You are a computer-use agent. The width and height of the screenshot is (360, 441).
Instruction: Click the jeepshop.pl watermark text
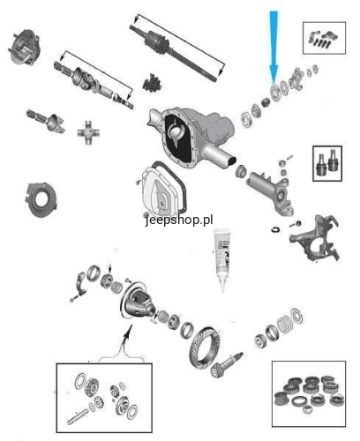click(x=179, y=220)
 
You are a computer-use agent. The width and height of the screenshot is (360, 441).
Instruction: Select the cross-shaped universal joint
click(x=88, y=132)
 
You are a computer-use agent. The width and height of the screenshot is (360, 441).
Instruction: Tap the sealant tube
click(x=222, y=258)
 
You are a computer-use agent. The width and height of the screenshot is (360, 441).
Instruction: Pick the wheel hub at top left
click(x=24, y=47)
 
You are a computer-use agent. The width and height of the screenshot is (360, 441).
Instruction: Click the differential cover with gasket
click(x=163, y=188)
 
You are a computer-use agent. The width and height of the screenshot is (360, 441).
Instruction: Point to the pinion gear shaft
click(x=228, y=365)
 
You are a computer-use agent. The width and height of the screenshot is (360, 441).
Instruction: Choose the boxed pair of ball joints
click(x=327, y=163)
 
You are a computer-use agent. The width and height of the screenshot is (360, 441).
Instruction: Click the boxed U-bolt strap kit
click(x=324, y=38)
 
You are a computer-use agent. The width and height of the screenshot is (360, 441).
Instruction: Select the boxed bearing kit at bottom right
click(x=309, y=394)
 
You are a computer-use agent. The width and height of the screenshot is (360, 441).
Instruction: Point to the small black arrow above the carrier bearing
click(x=110, y=268)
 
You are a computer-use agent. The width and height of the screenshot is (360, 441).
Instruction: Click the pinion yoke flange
click(x=296, y=78)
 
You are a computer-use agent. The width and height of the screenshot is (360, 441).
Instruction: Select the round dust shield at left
click(x=41, y=200)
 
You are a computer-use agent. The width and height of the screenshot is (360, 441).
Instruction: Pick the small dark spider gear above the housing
click(x=153, y=83)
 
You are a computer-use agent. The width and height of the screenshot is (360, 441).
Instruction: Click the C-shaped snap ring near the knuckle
click(x=275, y=229)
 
